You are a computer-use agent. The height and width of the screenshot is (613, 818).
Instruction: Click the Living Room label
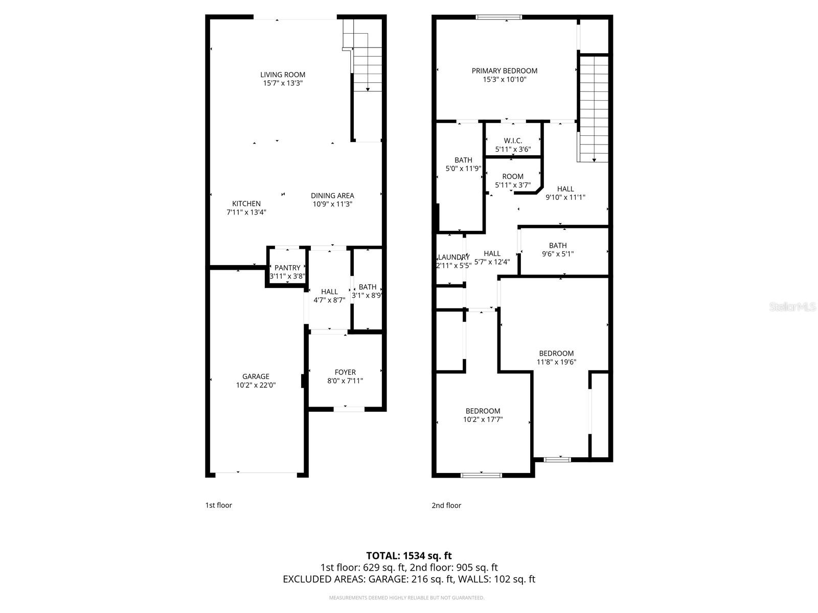(283, 75)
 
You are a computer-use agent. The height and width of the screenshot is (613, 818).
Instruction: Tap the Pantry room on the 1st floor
(287, 268)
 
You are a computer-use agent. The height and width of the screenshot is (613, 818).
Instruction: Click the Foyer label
(345, 372)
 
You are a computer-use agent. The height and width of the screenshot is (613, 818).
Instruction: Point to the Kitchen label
(246, 203)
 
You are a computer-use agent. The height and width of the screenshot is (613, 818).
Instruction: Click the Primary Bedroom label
(504, 71)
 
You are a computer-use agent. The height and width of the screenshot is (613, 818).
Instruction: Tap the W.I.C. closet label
(513, 140)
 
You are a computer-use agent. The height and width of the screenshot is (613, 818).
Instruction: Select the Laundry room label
(453, 257)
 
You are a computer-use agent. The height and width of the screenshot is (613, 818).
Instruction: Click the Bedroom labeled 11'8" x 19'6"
(556, 353)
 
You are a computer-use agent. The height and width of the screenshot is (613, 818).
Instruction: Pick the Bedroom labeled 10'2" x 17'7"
(483, 411)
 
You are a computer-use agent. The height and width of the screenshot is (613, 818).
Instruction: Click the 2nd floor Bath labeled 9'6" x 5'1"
(558, 246)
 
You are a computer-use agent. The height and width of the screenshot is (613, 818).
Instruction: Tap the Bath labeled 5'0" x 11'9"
(463, 160)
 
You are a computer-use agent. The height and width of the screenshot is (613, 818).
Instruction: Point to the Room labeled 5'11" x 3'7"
(513, 177)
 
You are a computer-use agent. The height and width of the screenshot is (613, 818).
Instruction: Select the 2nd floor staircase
(594, 107)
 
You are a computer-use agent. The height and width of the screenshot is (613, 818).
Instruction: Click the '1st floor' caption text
(218, 505)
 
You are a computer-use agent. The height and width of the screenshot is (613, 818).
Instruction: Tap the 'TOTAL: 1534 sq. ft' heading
(409, 555)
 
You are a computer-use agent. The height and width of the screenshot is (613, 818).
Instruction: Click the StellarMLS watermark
(792, 307)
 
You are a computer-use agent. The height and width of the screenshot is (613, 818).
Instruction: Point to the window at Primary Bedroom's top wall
(499, 17)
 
